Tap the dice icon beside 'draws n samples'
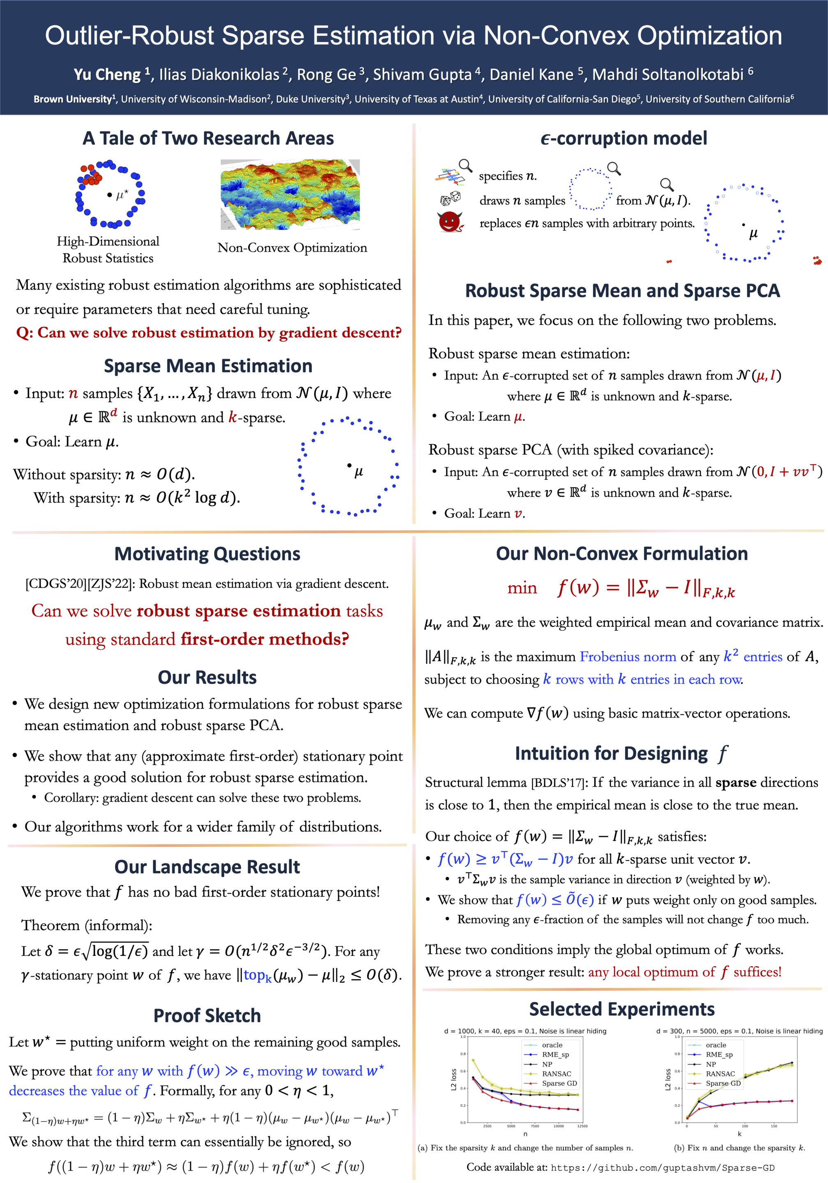pyautogui.click(x=450, y=198)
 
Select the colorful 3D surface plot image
pyautogui.click(x=290, y=194)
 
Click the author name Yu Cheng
pyautogui.click(x=107, y=75)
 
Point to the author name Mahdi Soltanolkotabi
pyautogui.click(x=668, y=75)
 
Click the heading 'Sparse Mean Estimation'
pyautogui.click(x=208, y=366)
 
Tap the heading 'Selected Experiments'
pyautogui.click(x=622, y=1009)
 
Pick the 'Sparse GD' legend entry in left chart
pyautogui.click(x=559, y=1083)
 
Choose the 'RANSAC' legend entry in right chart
pyautogui.click(x=720, y=1074)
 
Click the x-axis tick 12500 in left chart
pyautogui.click(x=582, y=1126)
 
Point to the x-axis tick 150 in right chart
pyautogui.click(x=774, y=1126)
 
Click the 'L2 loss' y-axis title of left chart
pyautogui.click(x=454, y=1079)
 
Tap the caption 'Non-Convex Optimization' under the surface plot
pyautogui.click(x=292, y=248)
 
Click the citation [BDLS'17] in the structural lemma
pyautogui.click(x=560, y=783)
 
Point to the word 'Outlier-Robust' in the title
pyautogui.click(x=129, y=36)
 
